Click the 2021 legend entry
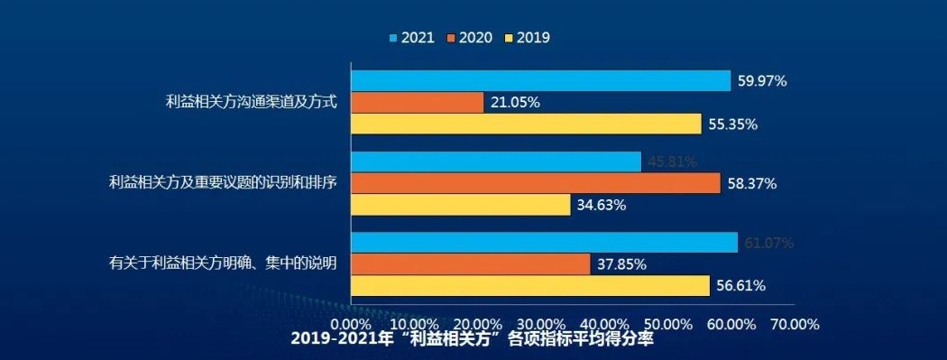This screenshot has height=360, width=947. pos(411,38)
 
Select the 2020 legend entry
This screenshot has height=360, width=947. pos(469,38)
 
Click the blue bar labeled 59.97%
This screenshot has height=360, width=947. pos(540,80)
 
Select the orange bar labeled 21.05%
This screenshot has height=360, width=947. pos(417,102)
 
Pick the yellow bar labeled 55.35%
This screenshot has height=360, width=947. pos(526,124)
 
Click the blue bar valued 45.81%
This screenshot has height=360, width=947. pos(496,162)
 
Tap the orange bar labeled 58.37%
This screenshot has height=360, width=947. pos(536,183)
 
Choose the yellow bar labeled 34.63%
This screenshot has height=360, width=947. pos(461,205)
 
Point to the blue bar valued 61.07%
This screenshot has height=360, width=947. pos(544,243)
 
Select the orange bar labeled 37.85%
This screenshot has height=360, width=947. pos(471,264)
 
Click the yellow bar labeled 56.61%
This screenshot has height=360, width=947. pos(530,286)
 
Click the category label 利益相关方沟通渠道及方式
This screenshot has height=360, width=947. pos(251,102)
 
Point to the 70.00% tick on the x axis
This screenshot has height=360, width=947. pos(793,323)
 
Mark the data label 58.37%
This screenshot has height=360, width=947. pos(752,183)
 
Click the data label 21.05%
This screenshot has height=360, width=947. pos(515,102)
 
